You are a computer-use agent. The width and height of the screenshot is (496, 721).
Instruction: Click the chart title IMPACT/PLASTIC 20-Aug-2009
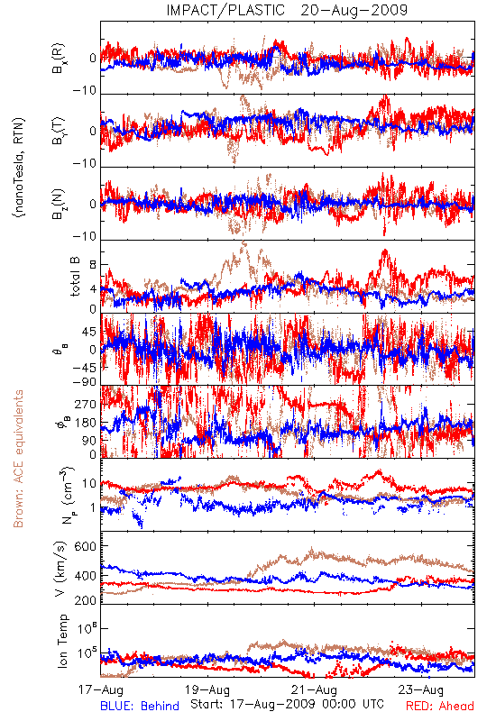(x=287, y=10)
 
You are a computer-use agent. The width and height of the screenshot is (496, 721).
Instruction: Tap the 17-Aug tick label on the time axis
(x=101, y=690)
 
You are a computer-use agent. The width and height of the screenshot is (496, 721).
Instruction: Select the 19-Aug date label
(x=207, y=690)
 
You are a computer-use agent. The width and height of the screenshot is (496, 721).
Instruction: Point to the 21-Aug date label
(x=314, y=690)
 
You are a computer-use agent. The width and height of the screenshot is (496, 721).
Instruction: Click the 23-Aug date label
(x=421, y=690)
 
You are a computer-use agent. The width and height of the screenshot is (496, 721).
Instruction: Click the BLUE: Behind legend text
(x=140, y=707)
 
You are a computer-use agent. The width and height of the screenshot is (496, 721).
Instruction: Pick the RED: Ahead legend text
(x=440, y=707)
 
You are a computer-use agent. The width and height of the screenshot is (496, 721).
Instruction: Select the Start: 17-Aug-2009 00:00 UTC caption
(x=287, y=704)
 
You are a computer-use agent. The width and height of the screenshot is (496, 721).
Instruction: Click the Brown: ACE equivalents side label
(x=18, y=459)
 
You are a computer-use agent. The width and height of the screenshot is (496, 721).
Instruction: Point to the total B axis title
(x=75, y=276)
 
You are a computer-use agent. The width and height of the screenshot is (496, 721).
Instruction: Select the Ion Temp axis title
(x=62, y=641)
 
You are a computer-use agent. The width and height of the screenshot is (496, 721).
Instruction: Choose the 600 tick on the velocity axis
(x=86, y=546)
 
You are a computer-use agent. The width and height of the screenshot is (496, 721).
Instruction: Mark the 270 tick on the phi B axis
(x=86, y=404)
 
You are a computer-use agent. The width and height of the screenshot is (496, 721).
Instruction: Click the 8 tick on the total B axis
(x=93, y=265)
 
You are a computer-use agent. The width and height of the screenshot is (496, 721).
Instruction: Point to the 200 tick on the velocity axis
(x=86, y=600)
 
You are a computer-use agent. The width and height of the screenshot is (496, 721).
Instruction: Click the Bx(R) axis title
(x=59, y=58)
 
